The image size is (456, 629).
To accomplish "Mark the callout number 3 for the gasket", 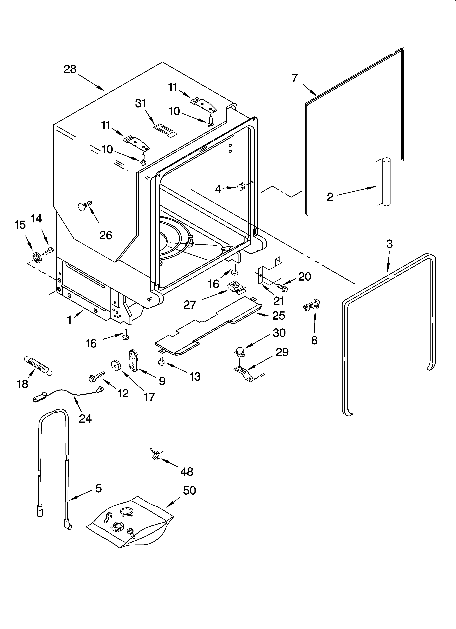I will (389, 244).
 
